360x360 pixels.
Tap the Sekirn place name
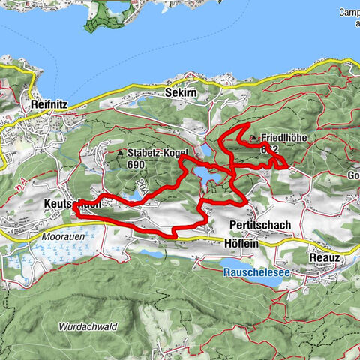(178, 93)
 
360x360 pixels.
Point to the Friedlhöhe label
(284, 139)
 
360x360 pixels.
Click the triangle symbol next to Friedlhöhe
(253, 138)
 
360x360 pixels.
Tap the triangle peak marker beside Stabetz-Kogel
(120, 153)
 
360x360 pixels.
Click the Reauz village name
(325, 256)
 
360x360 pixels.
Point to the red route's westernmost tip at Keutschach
(76, 212)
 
